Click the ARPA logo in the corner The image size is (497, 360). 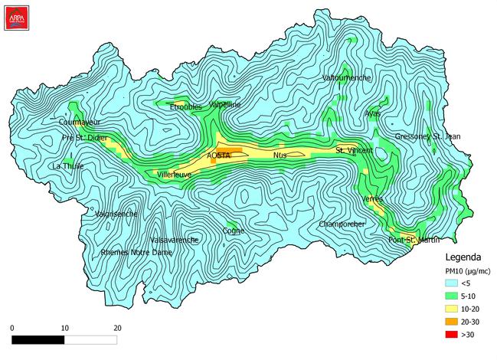pos(15,16)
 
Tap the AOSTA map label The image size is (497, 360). pos(219,155)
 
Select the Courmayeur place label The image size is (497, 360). pos(80,122)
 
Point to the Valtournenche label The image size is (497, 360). pos(347,78)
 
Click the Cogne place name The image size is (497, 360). pos(233,230)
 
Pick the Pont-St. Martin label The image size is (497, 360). pos(413,240)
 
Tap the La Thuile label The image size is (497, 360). pos(67,165)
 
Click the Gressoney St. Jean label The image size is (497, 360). pos(428,136)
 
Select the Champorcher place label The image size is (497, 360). pos(342,224)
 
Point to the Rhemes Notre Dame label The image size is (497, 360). pos(136,252)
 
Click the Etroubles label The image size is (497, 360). pos(185,106)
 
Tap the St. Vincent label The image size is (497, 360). pos(355,150)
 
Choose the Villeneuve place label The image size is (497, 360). pos(174,175)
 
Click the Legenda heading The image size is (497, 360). pos(463,257)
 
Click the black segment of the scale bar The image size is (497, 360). pos(38,338)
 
